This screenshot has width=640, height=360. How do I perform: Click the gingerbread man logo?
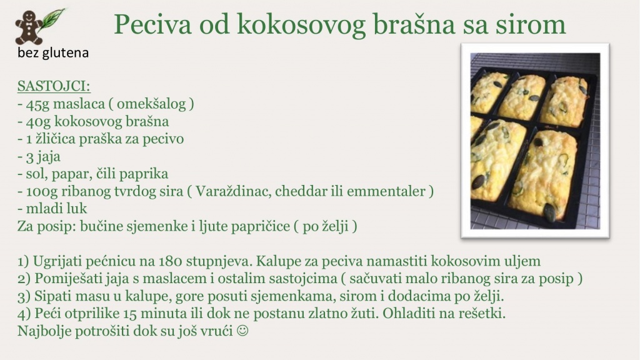pyautogui.click(x=29, y=27)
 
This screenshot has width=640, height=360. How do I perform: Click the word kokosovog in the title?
pyautogui.click(x=301, y=24)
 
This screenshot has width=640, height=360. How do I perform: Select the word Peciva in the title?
pyautogui.click(x=152, y=24)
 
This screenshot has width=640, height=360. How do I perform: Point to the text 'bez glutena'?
pyautogui.click(x=53, y=52)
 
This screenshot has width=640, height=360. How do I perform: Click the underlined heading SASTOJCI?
pyautogui.click(x=54, y=86)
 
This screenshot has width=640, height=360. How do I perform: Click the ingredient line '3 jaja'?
pyautogui.click(x=39, y=156)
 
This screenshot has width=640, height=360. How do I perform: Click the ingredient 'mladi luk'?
pyautogui.click(x=52, y=209)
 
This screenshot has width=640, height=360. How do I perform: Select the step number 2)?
pyautogui.click(x=24, y=279)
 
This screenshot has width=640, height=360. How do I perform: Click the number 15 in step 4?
pyautogui.click(x=129, y=314)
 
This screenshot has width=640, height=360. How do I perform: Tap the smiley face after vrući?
pyautogui.click(x=242, y=331)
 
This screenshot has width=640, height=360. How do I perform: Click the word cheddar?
pyautogui.click(x=302, y=191)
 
